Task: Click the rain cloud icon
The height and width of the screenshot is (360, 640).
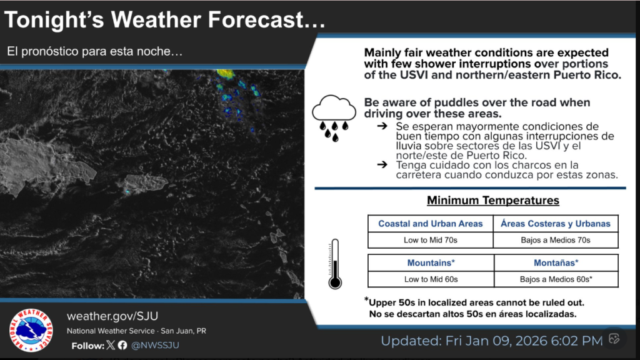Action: click(334, 116)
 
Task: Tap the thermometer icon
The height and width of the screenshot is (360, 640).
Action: click(335, 264)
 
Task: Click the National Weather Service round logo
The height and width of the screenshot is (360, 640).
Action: click(31, 330)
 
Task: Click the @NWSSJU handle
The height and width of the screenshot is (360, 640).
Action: click(158, 345)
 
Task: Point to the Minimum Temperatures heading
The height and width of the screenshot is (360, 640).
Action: click(492, 201)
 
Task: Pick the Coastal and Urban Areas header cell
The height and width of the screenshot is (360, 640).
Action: click(431, 224)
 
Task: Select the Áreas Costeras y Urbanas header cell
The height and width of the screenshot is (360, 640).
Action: click(556, 224)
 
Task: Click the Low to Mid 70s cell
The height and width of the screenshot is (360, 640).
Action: click(431, 240)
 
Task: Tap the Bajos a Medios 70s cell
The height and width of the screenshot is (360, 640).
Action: click(556, 240)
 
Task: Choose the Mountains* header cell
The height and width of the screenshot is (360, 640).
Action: click(431, 263)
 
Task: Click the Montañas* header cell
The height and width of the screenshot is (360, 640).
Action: click(556, 263)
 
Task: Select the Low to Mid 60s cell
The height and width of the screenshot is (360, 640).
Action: click(431, 279)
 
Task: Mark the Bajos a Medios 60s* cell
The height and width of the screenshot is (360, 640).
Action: click(556, 279)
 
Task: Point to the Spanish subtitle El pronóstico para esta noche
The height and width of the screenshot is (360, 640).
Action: click(95, 52)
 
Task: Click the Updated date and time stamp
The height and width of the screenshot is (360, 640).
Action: click(491, 341)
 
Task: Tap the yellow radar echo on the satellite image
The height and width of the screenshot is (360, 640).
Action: click(225, 74)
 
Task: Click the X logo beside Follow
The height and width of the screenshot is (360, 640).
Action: click(111, 345)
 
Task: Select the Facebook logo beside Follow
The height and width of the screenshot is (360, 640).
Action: click(122, 345)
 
